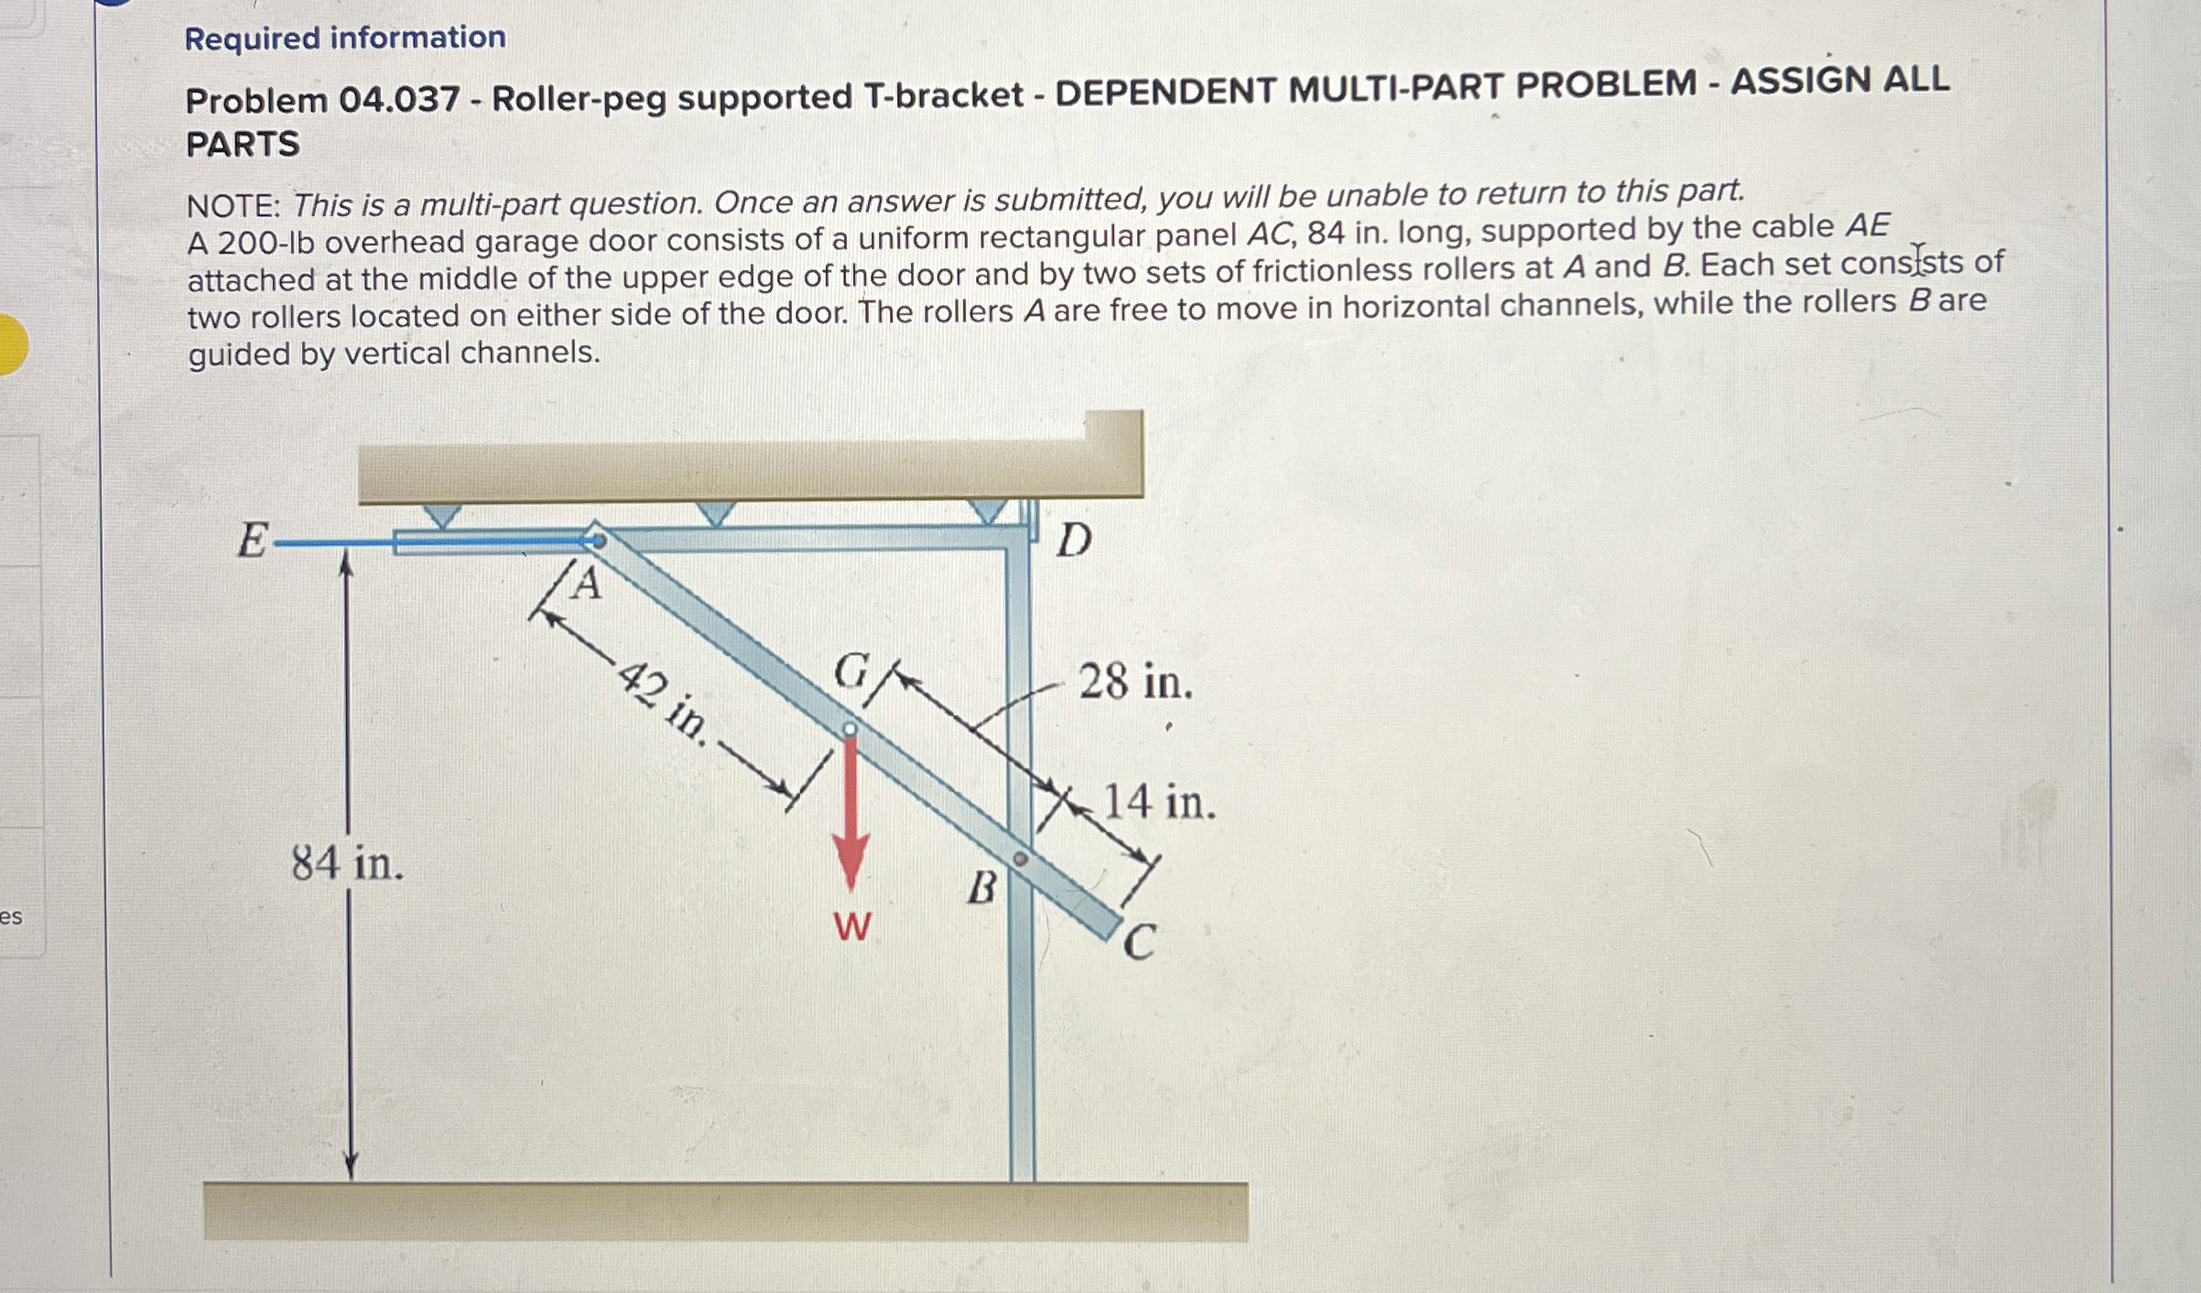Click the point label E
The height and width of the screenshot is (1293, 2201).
click(252, 540)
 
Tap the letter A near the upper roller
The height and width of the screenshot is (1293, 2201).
click(587, 583)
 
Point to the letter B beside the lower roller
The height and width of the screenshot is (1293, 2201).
click(981, 887)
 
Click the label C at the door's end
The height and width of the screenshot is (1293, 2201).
click(1139, 942)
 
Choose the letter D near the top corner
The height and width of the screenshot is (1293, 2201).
click(1074, 540)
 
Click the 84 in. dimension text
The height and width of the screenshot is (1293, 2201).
click(347, 863)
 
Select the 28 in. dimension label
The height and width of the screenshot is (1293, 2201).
click(1135, 682)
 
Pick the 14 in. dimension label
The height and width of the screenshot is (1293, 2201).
click(1159, 802)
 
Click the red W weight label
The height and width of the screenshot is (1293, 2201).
click(851, 927)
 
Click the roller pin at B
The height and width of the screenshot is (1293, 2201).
click(1020, 859)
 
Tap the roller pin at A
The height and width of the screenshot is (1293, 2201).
click(597, 541)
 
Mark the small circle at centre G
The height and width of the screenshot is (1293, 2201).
click(850, 729)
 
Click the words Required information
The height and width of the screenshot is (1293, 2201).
click(344, 38)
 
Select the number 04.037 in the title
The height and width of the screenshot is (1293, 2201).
click(398, 99)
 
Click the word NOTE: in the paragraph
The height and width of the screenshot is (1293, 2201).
click(233, 206)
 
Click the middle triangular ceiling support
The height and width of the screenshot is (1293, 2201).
click(715, 513)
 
